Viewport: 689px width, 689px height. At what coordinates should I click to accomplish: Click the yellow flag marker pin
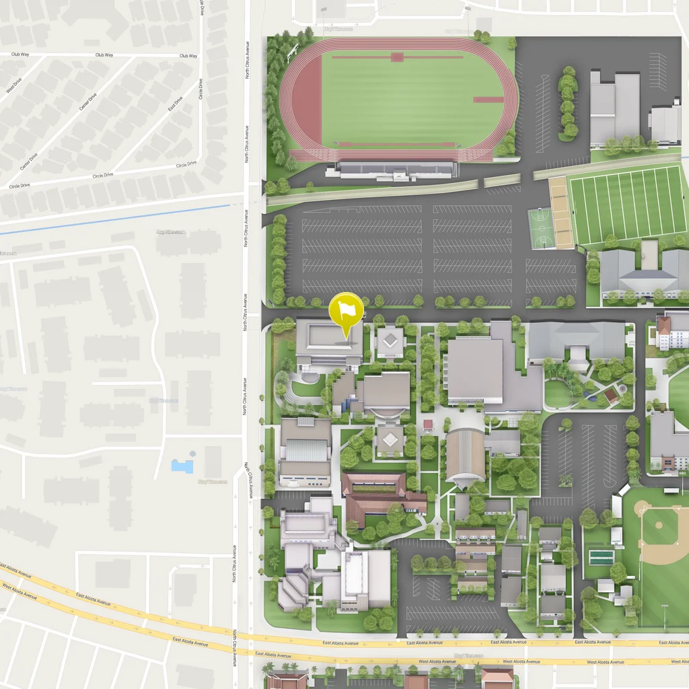coord(346,310)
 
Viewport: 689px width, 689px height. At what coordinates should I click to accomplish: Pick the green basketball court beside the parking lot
coord(541,228)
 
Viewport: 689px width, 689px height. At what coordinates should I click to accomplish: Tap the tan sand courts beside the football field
coord(560,212)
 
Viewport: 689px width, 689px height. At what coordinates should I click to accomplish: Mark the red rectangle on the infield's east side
coord(488,100)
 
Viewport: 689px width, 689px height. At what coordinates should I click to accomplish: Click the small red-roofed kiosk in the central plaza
coord(428,425)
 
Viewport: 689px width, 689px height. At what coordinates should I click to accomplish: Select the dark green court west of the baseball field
coord(601,557)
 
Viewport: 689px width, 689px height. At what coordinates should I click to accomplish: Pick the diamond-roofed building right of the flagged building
coord(390,341)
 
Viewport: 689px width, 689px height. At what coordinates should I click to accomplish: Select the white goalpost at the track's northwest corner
coord(292,51)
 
